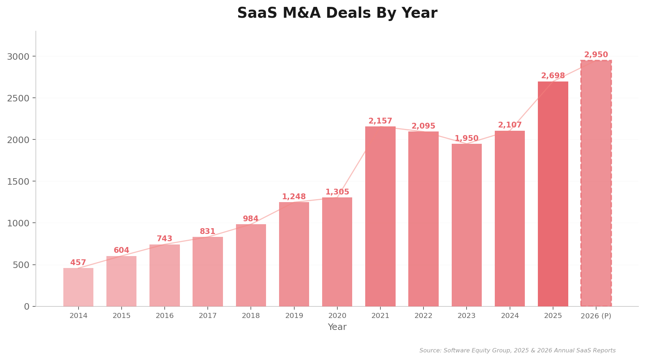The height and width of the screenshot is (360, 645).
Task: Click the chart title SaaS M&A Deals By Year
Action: [337, 13]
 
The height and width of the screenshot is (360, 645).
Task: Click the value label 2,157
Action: [380, 121]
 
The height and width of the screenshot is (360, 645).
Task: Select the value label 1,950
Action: [466, 139]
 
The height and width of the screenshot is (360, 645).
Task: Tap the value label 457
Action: [78, 263]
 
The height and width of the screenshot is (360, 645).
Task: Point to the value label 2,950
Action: [596, 55]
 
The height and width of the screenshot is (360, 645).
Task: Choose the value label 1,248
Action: [294, 197]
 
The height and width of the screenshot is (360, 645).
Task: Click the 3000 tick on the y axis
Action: [18, 56]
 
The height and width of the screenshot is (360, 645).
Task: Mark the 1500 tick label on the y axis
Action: [18, 181]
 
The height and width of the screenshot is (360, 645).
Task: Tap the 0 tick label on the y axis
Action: [26, 307]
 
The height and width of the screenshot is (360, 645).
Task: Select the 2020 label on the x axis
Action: [337, 316]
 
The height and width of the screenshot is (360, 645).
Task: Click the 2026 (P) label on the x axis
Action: [596, 316]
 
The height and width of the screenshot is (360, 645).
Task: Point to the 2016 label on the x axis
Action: [165, 316]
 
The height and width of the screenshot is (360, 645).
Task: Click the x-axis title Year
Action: [337, 327]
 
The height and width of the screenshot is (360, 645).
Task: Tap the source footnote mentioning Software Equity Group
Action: [517, 351]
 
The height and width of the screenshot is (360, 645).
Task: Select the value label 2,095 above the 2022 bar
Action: [423, 126]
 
